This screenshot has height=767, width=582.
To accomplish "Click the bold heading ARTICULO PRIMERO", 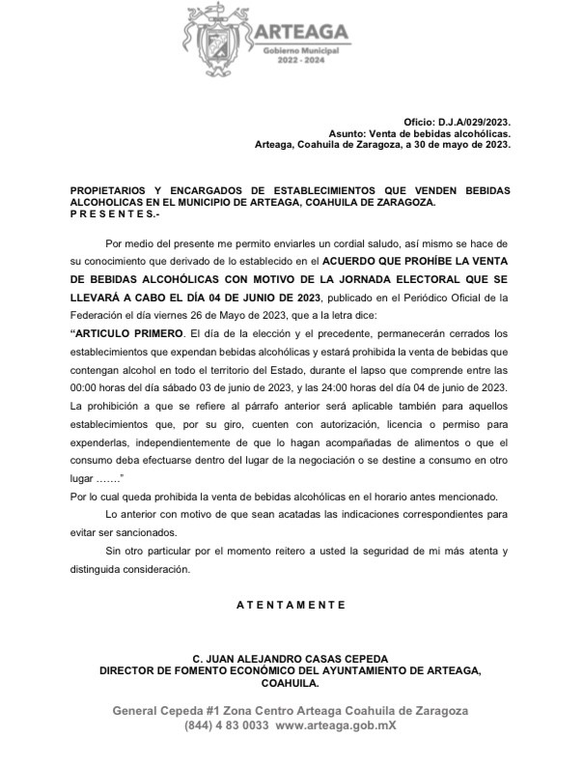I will tap(127, 331).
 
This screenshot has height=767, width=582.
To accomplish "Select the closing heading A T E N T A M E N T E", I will tap(291, 605).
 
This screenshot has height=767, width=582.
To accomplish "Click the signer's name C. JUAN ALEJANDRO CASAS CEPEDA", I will tap(291, 659).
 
